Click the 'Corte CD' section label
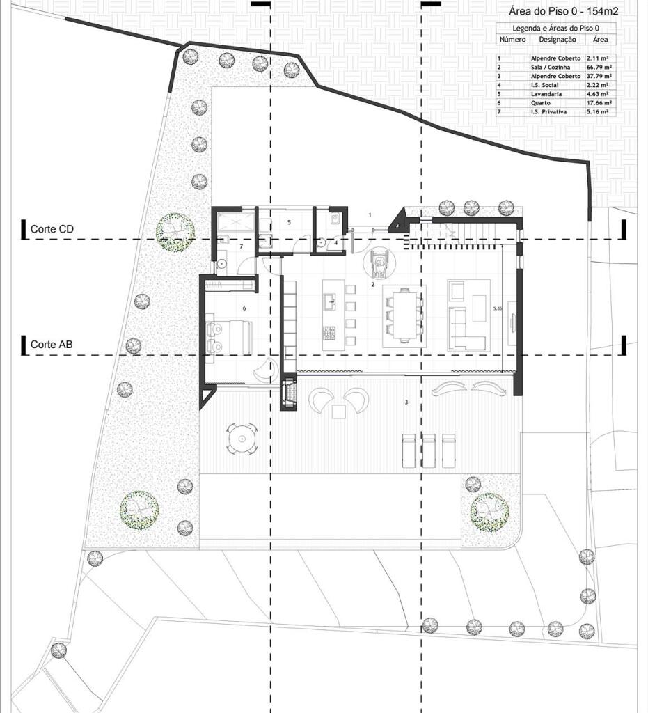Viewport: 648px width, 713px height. coord(53,228)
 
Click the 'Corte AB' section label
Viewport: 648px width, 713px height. coord(53,345)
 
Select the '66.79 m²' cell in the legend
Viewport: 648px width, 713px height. coord(599,68)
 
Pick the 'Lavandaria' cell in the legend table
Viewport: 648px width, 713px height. coord(546,94)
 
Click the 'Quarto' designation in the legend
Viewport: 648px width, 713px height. coord(541,103)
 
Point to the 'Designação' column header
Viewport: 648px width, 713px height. coord(553,40)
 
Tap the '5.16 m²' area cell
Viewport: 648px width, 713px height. coord(599,111)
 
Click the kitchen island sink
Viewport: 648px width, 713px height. coord(329,301)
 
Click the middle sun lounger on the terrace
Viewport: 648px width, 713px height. coord(429,450)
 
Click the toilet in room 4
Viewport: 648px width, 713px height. coord(323,243)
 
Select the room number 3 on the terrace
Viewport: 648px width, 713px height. coord(406,402)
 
